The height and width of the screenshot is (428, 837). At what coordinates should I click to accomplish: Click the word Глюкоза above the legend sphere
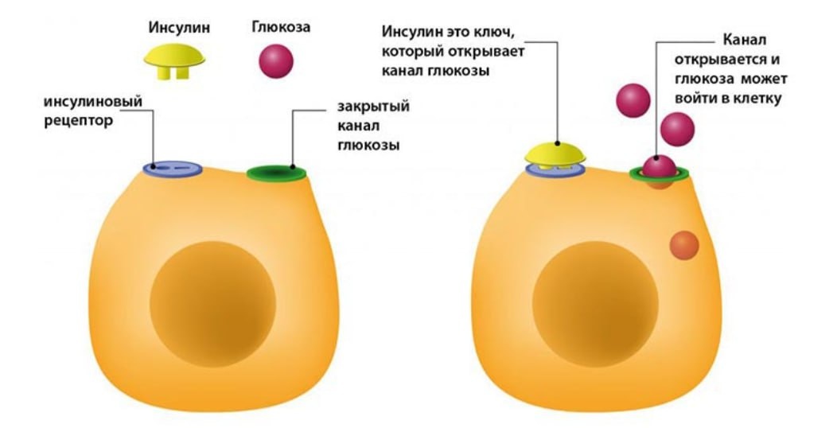tap(280, 27)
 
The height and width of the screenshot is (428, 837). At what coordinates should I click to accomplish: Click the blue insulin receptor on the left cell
tap(173, 169)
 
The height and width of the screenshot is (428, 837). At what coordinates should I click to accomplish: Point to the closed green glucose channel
tap(276, 173)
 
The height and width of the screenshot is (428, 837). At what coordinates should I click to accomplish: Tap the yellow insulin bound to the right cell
tap(555, 154)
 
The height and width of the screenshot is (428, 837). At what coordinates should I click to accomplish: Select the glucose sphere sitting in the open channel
tap(660, 167)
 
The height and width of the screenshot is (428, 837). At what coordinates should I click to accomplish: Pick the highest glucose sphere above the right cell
tap(633, 99)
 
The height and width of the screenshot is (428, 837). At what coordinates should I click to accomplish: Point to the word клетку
tap(757, 99)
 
